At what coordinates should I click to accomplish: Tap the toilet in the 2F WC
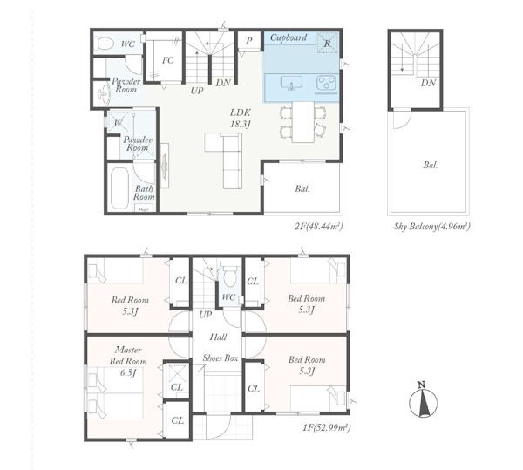coord(105,44)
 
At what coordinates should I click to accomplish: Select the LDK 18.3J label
coord(241,118)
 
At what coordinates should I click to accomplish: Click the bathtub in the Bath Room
coord(119,188)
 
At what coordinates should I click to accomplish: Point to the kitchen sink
coord(291,83)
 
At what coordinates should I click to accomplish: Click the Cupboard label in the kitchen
coord(289,37)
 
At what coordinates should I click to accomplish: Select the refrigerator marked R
coord(327,43)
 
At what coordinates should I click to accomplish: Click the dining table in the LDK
coord(303,122)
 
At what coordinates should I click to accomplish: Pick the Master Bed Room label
coord(128,356)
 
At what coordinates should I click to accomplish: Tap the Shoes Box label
coord(221,358)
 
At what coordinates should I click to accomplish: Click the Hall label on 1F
coord(218,337)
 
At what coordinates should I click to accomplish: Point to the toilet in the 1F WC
coord(229,277)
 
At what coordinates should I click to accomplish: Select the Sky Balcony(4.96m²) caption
coord(432,227)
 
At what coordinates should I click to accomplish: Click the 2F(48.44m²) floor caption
coord(318,227)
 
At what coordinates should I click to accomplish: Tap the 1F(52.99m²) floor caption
coord(327,427)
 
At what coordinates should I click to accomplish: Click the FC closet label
coord(167,60)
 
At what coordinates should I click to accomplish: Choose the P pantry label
coord(248,41)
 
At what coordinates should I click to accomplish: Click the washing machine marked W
coord(118,122)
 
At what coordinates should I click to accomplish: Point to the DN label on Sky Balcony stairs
coord(428,83)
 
